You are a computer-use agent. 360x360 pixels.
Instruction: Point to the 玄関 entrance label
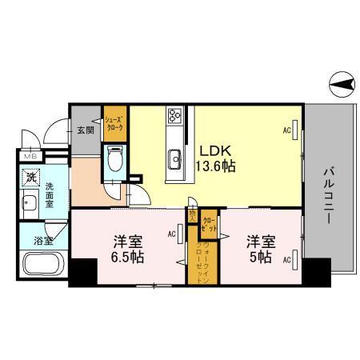pos(86,130)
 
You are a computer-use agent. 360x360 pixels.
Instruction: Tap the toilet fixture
pos(113,160)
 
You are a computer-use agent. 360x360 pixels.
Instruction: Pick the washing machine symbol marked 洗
pos(30,177)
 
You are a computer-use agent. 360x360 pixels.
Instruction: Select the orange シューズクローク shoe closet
pos(115,122)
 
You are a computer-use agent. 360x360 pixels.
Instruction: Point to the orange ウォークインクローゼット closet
pos(194,257)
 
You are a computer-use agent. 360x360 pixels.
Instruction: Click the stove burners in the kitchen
pos(174,118)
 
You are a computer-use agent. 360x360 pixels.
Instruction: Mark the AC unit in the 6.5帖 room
pos(180,234)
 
